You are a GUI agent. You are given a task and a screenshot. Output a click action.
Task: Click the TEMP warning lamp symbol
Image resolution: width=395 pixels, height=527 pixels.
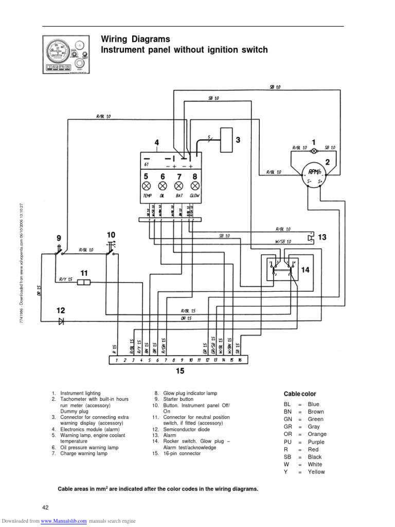[x=146, y=185]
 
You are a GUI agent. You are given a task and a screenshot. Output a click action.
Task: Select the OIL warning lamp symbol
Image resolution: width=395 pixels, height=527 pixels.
[x=163, y=185]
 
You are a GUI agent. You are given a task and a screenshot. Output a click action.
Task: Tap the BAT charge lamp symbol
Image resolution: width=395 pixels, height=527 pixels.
[x=179, y=185]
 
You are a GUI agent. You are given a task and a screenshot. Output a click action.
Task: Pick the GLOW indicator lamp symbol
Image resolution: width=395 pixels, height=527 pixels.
[x=195, y=185]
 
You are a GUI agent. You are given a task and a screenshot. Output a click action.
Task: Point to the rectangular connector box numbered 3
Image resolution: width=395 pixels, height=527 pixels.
[x=226, y=139]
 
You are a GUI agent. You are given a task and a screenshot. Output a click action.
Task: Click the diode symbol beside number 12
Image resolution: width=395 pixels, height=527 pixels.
[x=61, y=321]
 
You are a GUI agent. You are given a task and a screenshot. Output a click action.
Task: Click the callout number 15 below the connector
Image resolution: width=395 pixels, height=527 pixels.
[x=179, y=371]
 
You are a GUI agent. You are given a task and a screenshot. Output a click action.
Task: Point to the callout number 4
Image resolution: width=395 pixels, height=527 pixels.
[x=157, y=143]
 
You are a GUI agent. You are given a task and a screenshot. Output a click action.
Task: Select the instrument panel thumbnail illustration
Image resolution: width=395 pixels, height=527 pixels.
[x=63, y=54]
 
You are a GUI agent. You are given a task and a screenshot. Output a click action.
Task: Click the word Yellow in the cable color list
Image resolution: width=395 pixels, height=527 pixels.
[x=316, y=471]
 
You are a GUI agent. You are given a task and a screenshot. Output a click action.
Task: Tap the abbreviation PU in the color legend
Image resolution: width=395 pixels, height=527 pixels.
[x=288, y=442]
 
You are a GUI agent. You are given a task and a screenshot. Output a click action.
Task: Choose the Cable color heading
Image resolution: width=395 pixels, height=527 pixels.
[x=300, y=394]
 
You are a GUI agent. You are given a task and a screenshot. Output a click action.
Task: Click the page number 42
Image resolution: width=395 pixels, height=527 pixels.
[x=45, y=508]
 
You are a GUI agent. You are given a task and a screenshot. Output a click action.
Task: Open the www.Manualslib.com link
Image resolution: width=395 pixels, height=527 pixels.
[x=63, y=521]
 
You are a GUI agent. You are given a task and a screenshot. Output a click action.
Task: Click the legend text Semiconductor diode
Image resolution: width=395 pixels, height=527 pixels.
[x=186, y=429]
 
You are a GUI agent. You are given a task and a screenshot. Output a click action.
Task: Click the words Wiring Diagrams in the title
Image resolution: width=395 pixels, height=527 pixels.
[x=135, y=39]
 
